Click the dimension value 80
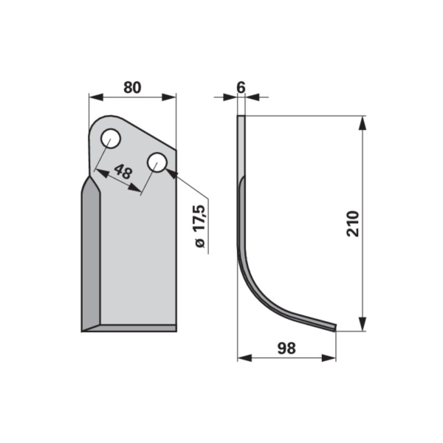pyautogui.click(x=132, y=88)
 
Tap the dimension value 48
pyautogui.click(x=123, y=171)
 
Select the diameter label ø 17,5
pyautogui.click(x=200, y=227)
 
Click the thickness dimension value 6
pyautogui.click(x=241, y=88)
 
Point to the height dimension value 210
pyautogui.click(x=353, y=224)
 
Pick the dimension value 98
pyautogui.click(x=286, y=348)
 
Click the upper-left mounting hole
pyautogui.click(x=111, y=138)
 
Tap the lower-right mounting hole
pyautogui.click(x=157, y=162)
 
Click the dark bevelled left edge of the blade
pyautogui.click(x=91, y=254)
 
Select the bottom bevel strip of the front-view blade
pyautogui.click(x=129, y=328)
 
